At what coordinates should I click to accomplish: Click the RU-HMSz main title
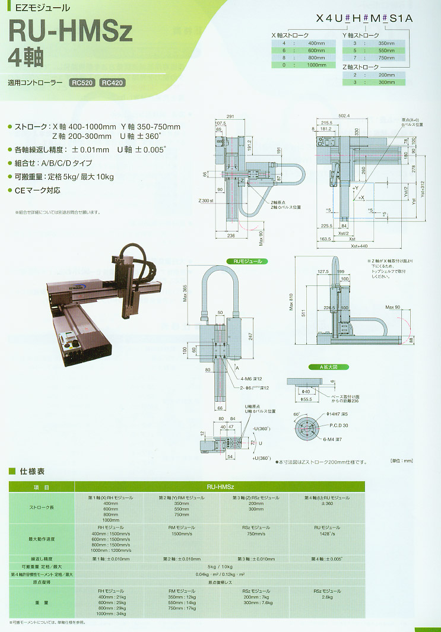pyautogui.click(x=70, y=34)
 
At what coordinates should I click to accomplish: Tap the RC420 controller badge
pyautogui.click(x=112, y=83)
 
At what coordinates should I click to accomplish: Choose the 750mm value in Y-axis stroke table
pyautogui.click(x=386, y=58)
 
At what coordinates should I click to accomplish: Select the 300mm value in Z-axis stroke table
pyautogui.click(x=386, y=82)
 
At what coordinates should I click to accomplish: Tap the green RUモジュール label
pyautogui.click(x=247, y=261)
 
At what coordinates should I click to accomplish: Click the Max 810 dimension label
pyautogui.click(x=290, y=304)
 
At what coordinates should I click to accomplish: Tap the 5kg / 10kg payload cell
pyautogui.click(x=219, y=567)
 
